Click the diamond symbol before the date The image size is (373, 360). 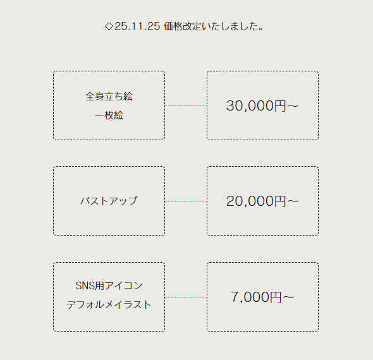click(109, 26)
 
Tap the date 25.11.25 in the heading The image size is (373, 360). click(137, 26)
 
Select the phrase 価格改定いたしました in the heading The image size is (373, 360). click(211, 26)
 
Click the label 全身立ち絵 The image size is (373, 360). click(109, 97)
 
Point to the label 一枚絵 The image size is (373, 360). click(109, 116)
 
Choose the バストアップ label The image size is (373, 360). click(109, 201)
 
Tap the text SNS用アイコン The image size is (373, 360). click(109, 285)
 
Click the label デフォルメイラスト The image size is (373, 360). click(109, 305)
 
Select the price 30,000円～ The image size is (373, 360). click(262, 105)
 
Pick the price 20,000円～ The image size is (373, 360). click(262, 201)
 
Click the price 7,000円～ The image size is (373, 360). click(262, 297)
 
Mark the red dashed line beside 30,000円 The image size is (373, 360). click(186, 105)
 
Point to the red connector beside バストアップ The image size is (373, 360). click(186, 201)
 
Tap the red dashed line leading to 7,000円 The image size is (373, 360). click(186, 297)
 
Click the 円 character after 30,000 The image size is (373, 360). click(280, 106)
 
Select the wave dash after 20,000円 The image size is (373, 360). click(293, 201)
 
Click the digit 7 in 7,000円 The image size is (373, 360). click(235, 297)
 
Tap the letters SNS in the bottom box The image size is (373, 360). click(82, 285)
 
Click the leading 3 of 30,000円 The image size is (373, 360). click(230, 105)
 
